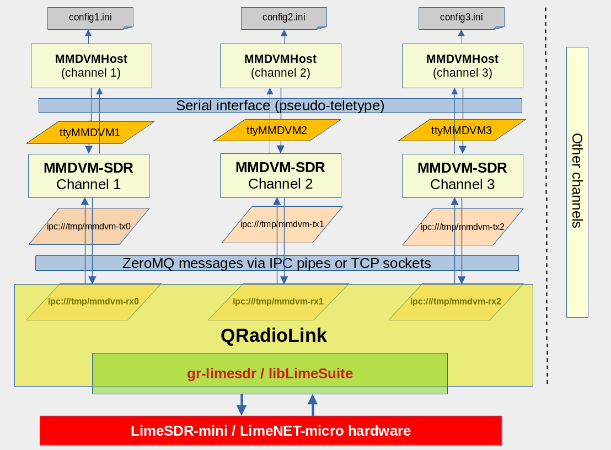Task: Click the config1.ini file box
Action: (90, 18)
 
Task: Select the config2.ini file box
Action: (283, 18)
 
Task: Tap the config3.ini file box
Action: (461, 18)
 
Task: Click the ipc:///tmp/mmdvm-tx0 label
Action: (88, 226)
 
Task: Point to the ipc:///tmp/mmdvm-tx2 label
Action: (462, 227)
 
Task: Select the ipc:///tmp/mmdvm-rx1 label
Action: (278, 302)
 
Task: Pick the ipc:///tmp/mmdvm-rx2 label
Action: (455, 302)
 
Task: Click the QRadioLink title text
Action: (274, 335)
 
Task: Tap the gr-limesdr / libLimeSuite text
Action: (270, 373)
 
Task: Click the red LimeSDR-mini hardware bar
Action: (271, 431)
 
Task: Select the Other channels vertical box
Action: (577, 181)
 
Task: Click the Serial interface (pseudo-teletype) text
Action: (280, 105)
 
